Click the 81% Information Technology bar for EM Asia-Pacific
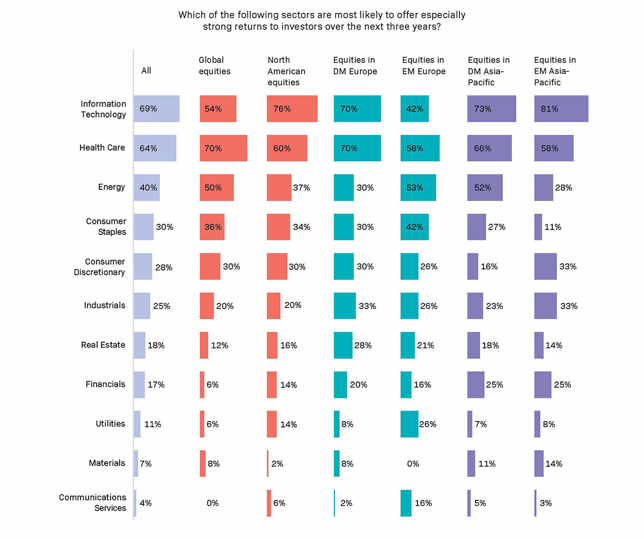pos(561,109)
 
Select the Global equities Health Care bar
pos(223,148)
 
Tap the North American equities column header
pos(286,71)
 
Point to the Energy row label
pos(111,187)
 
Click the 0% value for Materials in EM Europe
pos(413,463)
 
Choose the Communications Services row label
pos(92,503)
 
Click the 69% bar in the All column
pos(156,109)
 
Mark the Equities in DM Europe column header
pos(355,65)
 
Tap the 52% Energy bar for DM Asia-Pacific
pos(485,187)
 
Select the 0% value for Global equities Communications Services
pos(213,503)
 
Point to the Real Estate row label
pos(103,345)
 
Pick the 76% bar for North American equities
pos(292,109)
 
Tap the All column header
pos(146,71)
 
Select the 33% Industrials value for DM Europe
pos(368,306)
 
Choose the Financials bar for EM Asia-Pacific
pos(543,385)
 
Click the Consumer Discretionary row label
pos(105,267)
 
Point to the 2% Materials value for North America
pos(277,463)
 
